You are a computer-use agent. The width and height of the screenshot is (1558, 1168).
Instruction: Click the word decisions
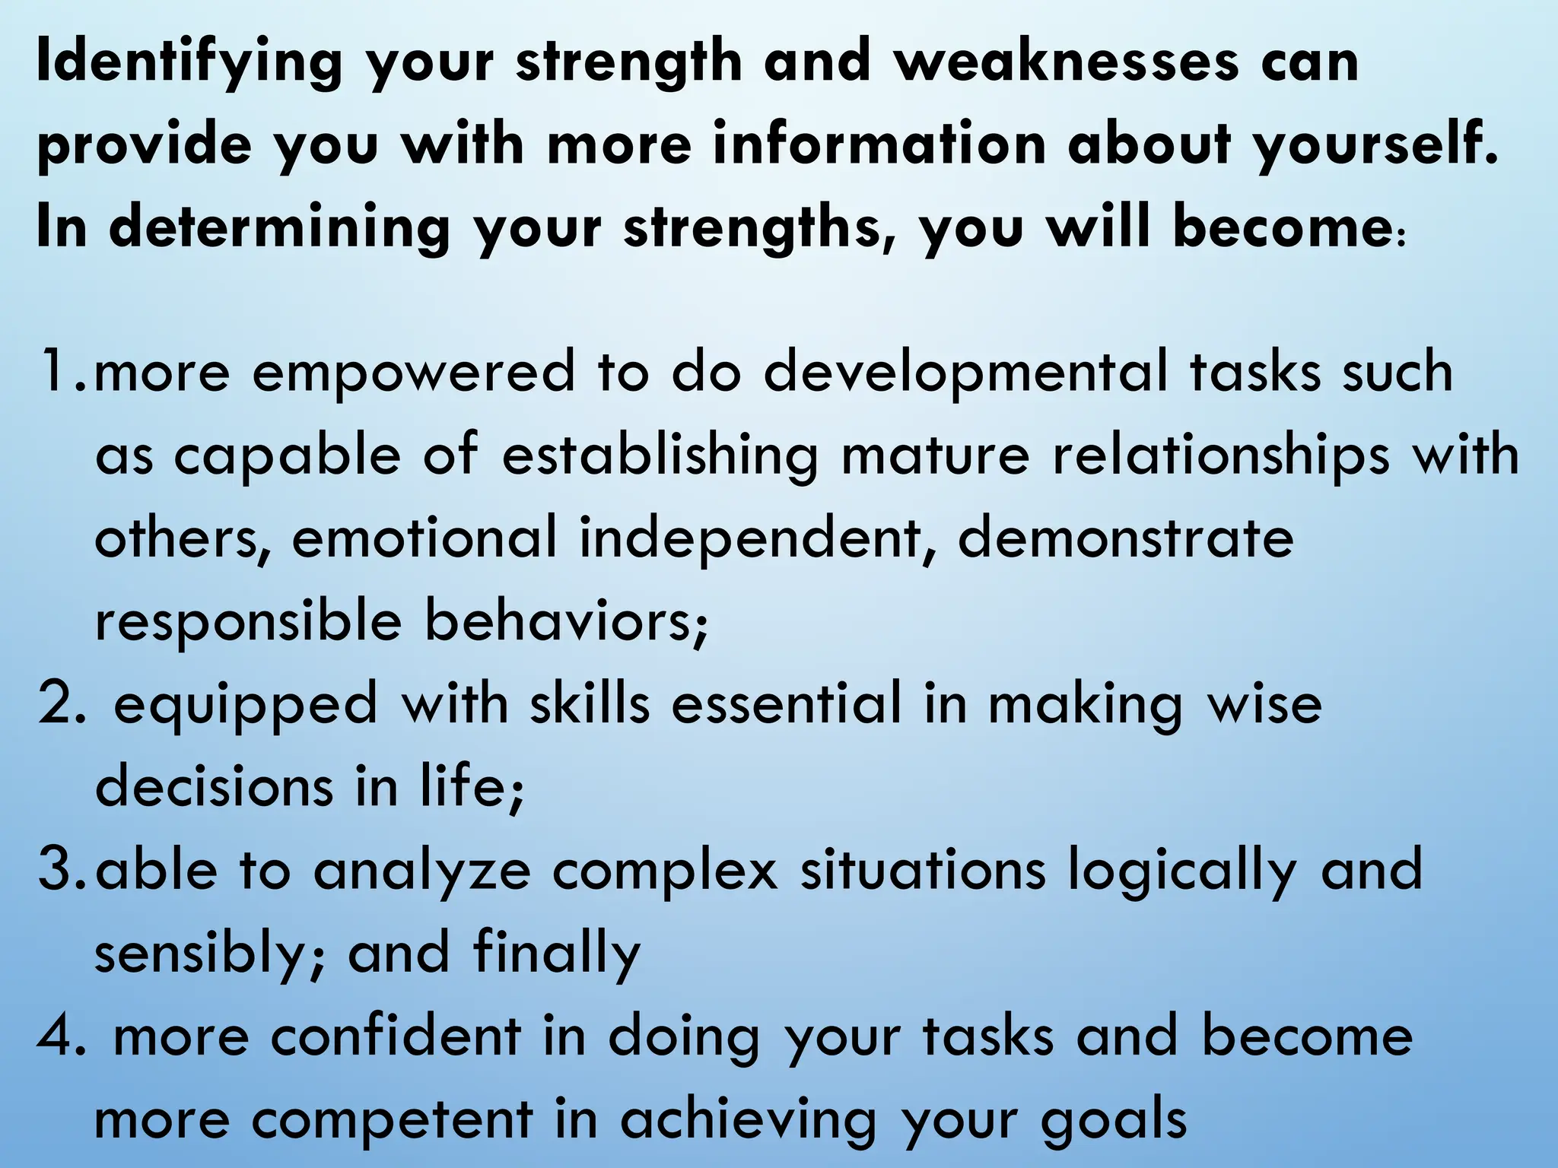coord(214,786)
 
